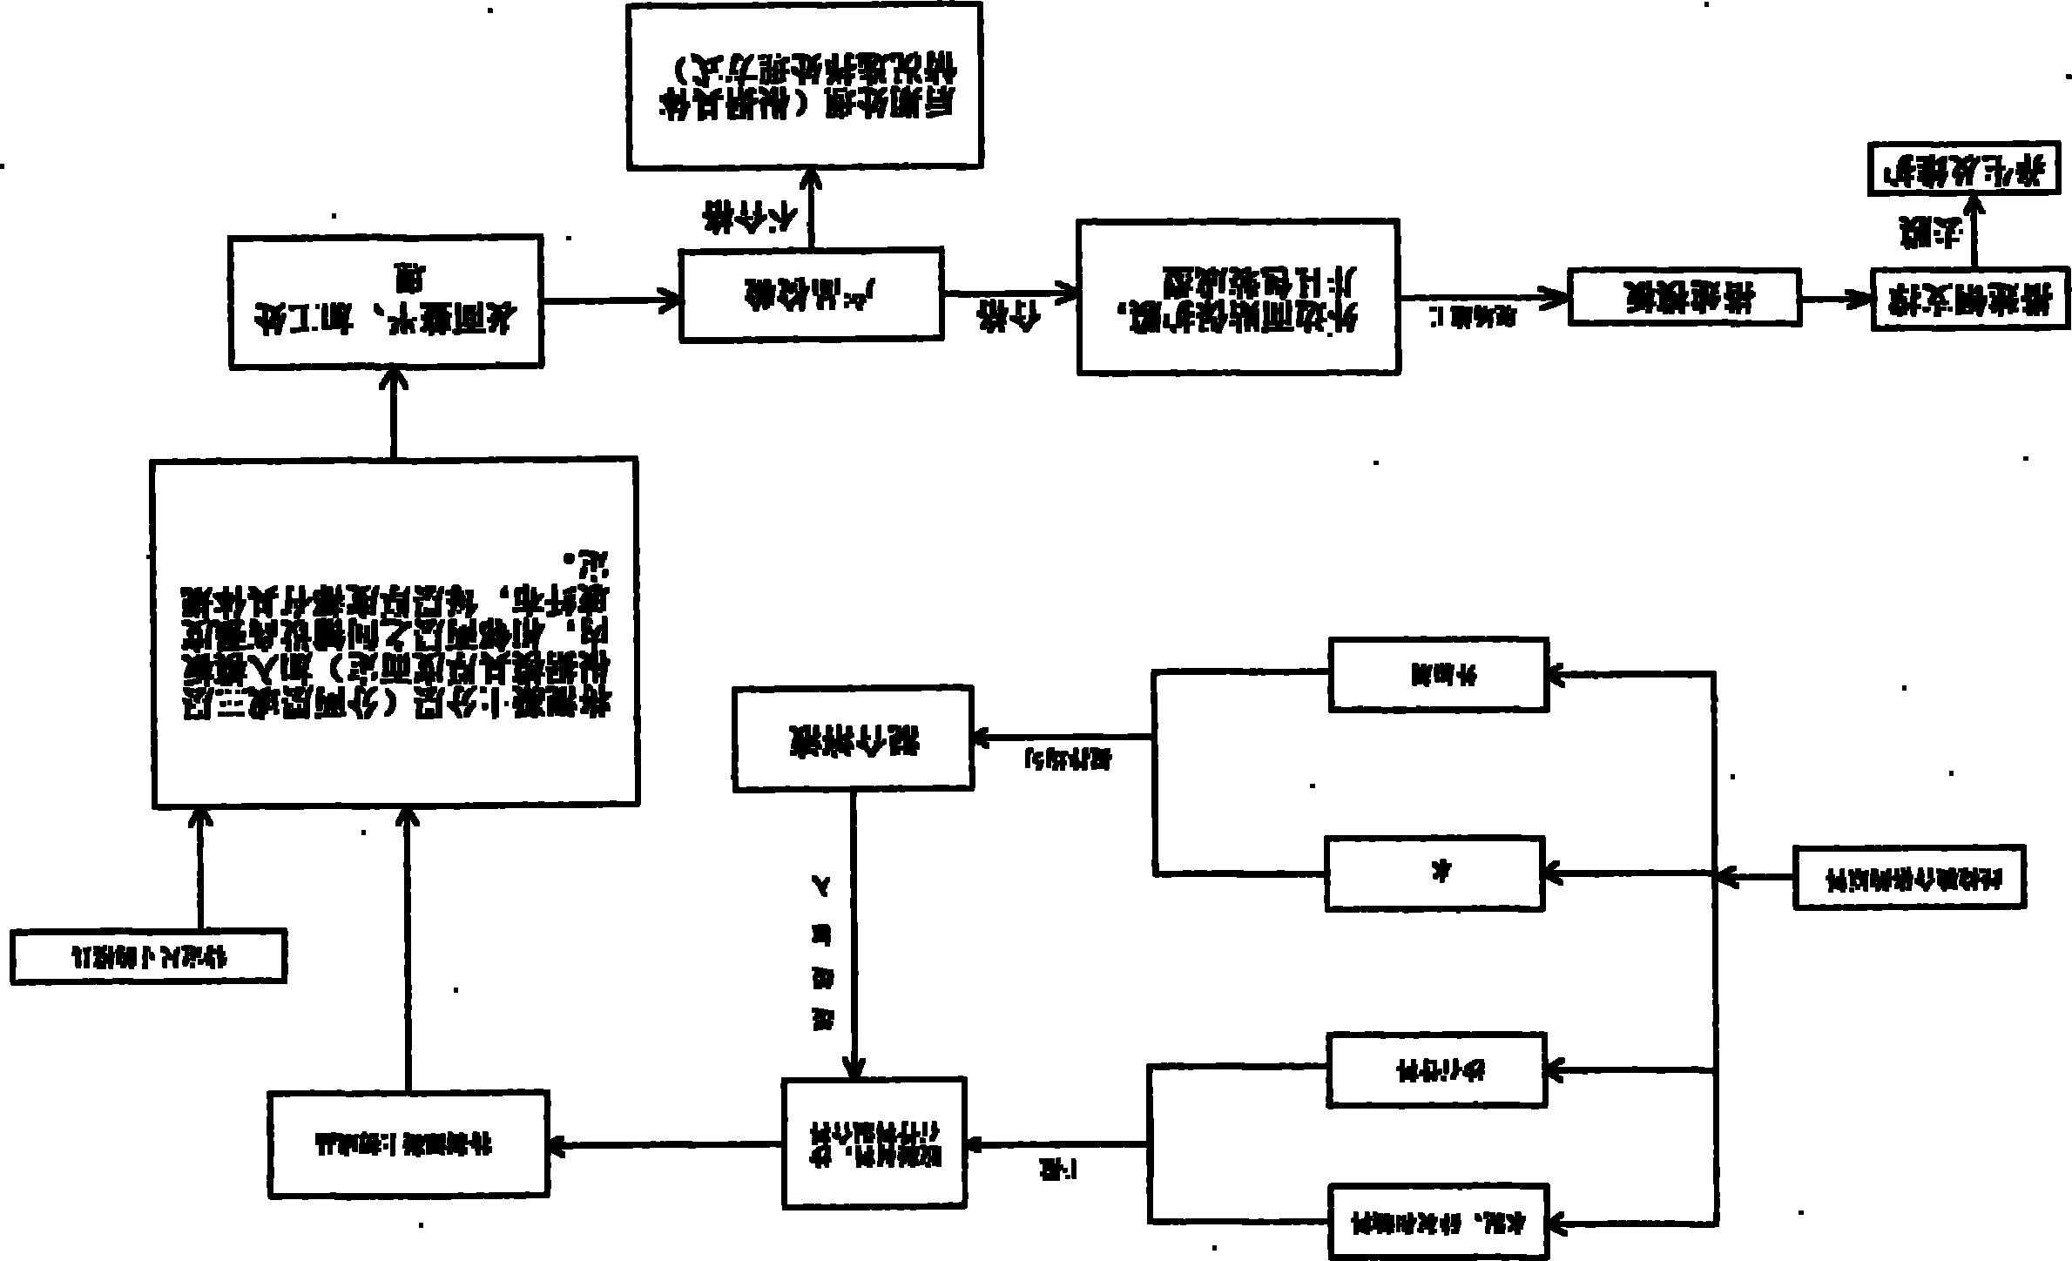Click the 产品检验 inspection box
[810, 294]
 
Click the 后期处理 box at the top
[805, 85]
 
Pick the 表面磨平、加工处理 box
[386, 300]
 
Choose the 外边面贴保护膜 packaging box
[1238, 297]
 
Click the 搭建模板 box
[1684, 299]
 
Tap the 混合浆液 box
[853, 738]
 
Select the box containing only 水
[1434, 873]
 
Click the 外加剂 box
[1438, 675]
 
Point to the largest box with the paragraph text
[395, 632]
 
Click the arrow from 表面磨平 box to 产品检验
[610, 300]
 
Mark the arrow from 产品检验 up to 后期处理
[811, 209]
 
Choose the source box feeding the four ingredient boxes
[1908, 877]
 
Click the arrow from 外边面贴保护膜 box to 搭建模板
[1481, 298]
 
